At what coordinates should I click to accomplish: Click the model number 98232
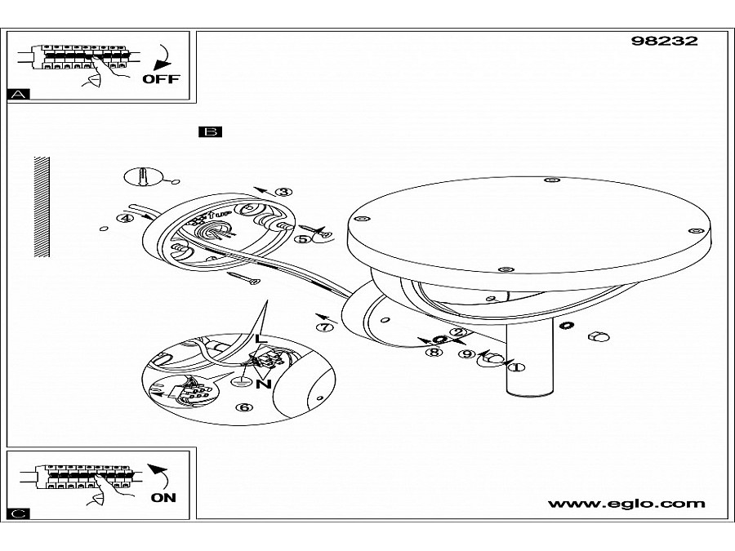665,41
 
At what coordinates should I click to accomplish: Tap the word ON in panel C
163,497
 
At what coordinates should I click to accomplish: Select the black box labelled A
18,95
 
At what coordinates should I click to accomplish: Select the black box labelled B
210,131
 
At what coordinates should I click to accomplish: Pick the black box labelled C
18,513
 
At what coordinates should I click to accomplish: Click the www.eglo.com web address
626,504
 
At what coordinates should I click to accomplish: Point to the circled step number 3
283,193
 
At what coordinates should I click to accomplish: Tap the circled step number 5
302,240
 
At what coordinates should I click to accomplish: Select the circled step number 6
242,407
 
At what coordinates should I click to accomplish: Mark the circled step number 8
434,352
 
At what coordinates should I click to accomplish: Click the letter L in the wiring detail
260,339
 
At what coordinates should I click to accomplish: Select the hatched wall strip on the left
42,206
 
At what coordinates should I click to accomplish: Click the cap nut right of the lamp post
599,337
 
